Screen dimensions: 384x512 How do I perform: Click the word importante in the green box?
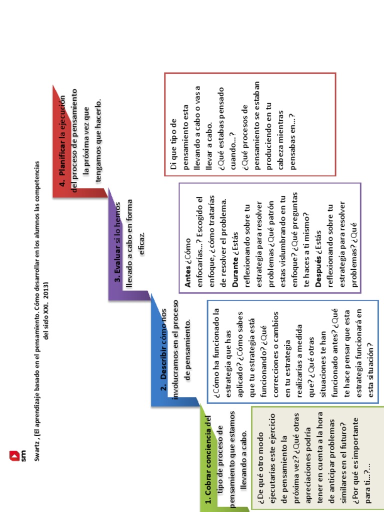355,438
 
